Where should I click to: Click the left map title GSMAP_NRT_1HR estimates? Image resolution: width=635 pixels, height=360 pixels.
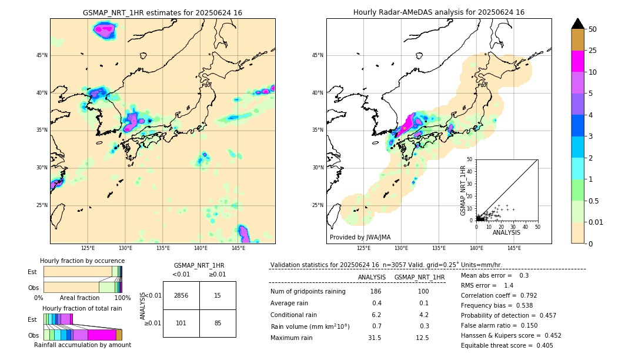coord(162,12)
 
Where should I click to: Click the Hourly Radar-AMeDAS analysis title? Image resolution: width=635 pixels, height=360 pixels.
coord(439,12)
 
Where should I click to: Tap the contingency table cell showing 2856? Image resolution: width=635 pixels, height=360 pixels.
coord(181,295)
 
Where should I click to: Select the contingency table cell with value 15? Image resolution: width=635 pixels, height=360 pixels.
coord(218,295)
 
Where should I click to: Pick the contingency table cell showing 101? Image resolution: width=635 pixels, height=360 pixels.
coord(181,323)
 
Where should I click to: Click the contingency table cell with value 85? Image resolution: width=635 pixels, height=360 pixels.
coord(218,323)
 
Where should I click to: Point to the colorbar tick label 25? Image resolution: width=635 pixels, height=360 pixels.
coord(593,51)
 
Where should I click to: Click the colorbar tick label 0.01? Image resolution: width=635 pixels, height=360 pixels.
coord(596,222)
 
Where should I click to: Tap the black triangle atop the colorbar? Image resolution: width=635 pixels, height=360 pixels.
coord(578,24)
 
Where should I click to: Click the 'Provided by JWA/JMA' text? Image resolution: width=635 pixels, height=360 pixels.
coord(360,238)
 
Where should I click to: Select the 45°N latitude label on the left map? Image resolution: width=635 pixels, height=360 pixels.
coord(42,55)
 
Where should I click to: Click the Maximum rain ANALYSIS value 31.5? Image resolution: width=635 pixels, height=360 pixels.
coord(375,338)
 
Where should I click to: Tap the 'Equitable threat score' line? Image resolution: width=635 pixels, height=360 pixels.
coord(507,345)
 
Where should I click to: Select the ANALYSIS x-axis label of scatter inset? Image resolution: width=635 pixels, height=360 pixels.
coord(506,232)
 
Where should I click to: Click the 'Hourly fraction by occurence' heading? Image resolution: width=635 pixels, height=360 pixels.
coord(82,261)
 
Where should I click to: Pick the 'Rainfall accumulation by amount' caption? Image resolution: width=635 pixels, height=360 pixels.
coord(82,345)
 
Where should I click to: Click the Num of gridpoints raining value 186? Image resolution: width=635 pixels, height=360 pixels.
coord(376,291)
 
